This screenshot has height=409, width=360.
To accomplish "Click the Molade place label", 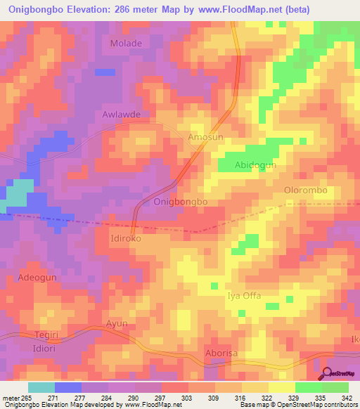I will tap(126, 44).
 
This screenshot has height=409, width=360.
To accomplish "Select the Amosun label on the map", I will tap(205, 138).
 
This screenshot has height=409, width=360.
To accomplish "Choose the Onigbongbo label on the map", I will tap(180, 202).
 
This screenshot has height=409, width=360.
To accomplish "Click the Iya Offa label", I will tap(243, 296).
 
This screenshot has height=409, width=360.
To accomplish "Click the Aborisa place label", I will tap(222, 352).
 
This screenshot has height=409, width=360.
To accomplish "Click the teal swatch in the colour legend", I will tap(41, 387).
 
